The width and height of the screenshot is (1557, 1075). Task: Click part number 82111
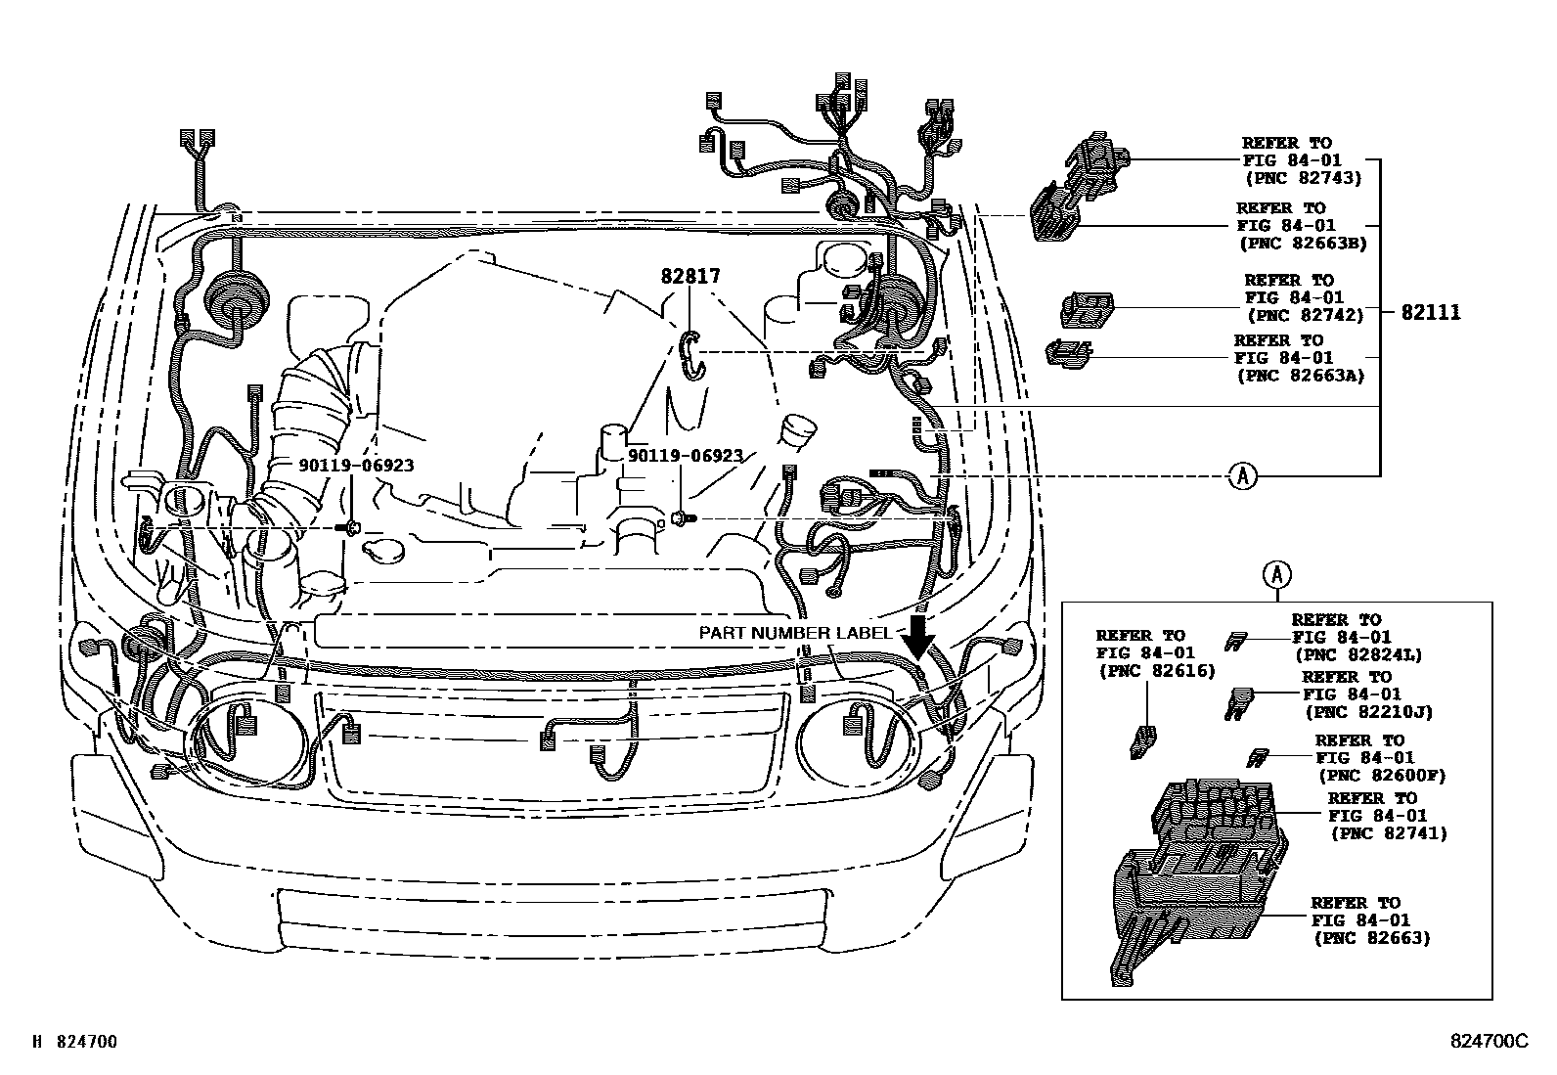pyautogui.click(x=1431, y=313)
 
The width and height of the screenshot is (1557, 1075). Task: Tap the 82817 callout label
pyautogui.click(x=690, y=277)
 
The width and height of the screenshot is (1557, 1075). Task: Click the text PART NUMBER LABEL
pyautogui.click(x=795, y=633)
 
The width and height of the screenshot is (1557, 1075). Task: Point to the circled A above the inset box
pyautogui.click(x=1276, y=575)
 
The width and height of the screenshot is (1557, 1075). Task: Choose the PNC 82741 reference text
pyautogui.click(x=1388, y=833)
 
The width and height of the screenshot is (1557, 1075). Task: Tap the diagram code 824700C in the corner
pyautogui.click(x=1488, y=1043)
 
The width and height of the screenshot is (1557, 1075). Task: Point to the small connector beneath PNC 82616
pyautogui.click(x=1142, y=741)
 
